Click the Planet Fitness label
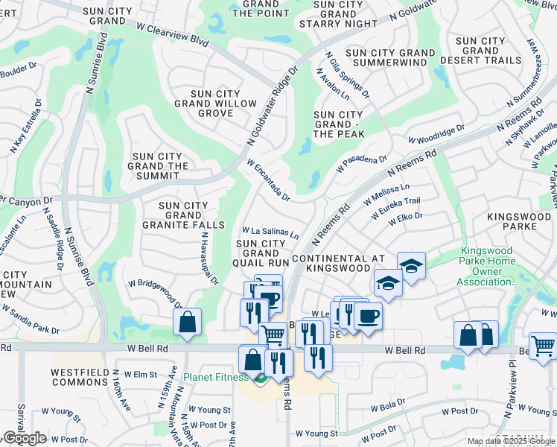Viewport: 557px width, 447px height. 217,377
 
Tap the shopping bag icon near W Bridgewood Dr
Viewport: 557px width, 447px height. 187,322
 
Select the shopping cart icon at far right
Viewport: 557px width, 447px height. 543,346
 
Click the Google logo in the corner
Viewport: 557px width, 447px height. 25,438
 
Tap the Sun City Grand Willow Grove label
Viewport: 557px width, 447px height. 215,104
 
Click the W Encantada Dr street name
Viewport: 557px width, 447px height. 267,179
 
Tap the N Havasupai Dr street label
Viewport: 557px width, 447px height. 209,258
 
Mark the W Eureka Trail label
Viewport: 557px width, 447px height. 392,207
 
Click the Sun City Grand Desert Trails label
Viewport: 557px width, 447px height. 480,51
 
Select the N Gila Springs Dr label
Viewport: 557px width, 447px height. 348,74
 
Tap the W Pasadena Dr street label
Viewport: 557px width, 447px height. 362,164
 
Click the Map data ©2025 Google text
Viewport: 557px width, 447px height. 510,441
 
